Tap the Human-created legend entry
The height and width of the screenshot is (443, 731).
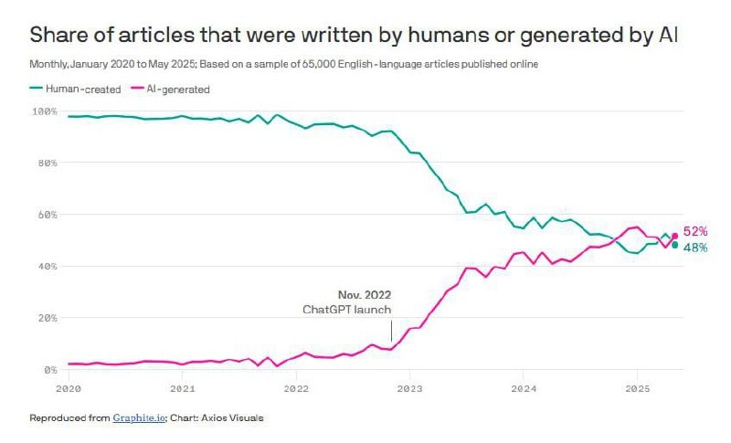click(x=74, y=89)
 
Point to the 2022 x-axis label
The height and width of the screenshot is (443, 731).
click(x=296, y=387)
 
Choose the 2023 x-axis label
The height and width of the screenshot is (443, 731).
click(x=409, y=387)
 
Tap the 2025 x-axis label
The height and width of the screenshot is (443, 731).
click(x=636, y=387)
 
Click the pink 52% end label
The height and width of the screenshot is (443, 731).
click(x=695, y=232)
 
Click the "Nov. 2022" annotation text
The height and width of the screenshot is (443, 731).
click(x=365, y=296)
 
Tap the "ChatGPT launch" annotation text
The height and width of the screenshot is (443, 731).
click(x=348, y=311)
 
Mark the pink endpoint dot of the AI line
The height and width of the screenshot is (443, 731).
click(x=674, y=236)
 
